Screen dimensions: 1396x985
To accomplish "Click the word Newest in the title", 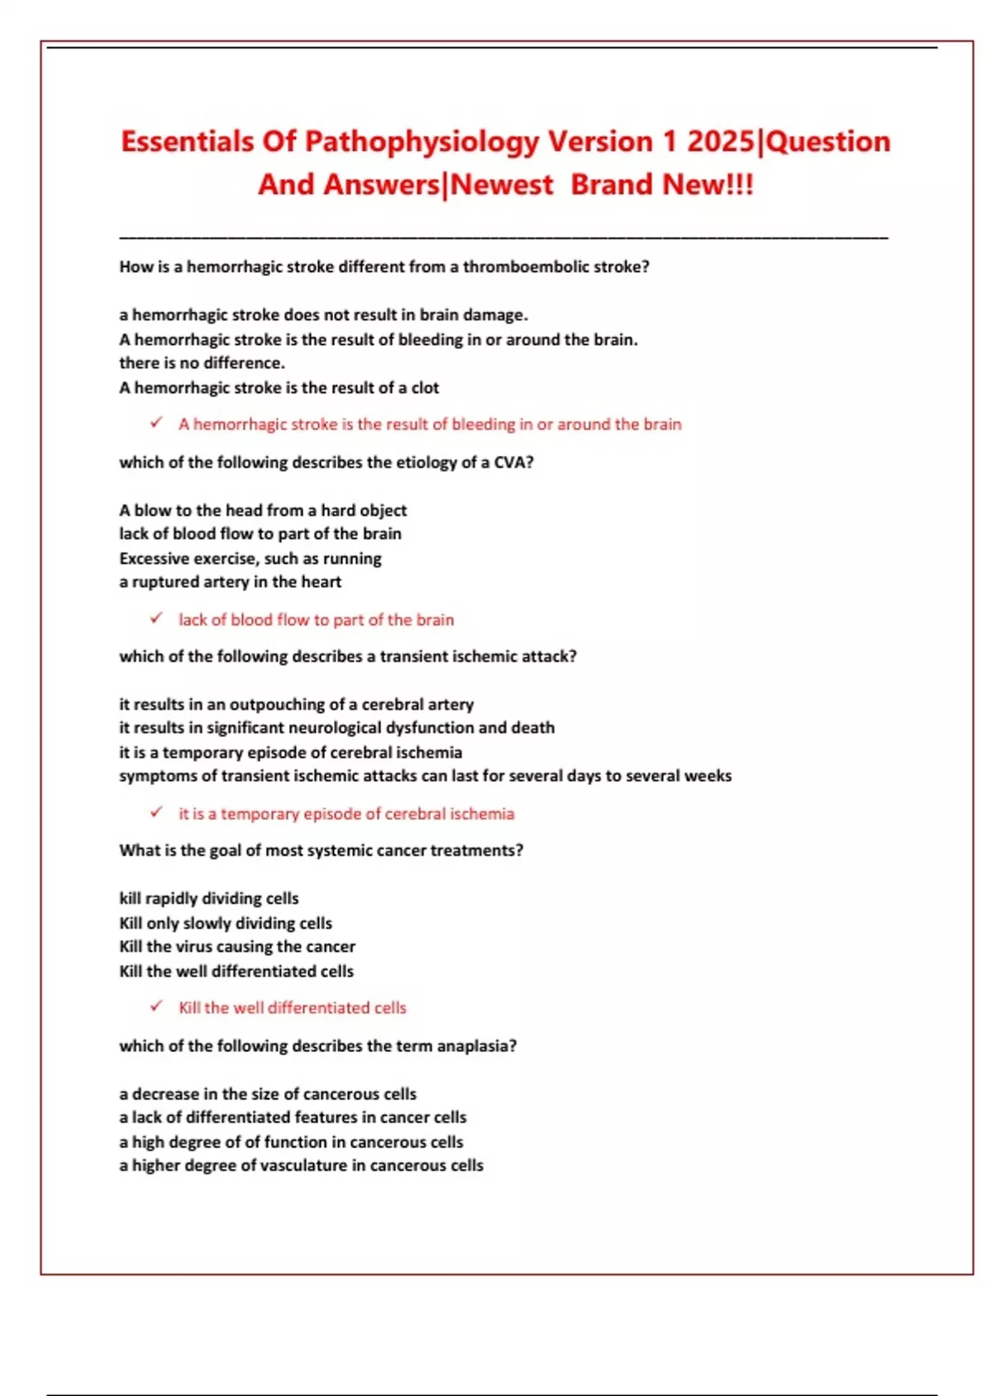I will click(x=502, y=185).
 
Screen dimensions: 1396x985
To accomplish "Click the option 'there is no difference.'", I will click(x=202, y=363).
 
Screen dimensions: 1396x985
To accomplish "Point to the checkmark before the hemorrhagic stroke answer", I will click(x=156, y=423).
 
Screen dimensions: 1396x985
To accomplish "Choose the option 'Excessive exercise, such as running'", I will click(x=250, y=558).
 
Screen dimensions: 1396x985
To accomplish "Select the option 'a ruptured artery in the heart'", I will click(x=230, y=582).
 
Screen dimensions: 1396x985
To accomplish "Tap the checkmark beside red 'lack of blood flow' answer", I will click(x=156, y=618).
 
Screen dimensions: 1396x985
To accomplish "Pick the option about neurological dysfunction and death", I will click(x=337, y=728).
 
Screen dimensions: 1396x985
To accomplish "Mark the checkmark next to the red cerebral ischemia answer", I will click(x=156, y=812).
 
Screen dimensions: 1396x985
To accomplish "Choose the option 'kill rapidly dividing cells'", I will click(x=208, y=898).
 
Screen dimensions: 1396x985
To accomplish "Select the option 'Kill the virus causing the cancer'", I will click(x=237, y=947).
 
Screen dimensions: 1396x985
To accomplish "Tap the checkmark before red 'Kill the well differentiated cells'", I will click(x=156, y=1006).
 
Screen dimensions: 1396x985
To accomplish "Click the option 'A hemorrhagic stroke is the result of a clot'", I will click(x=279, y=388).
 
